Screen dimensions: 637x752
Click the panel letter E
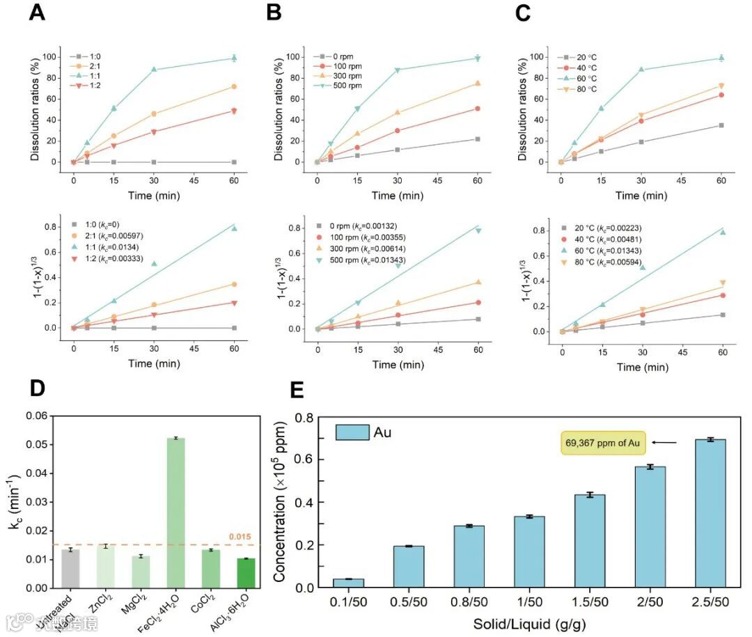(x=297, y=388)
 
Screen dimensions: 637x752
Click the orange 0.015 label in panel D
(x=240, y=537)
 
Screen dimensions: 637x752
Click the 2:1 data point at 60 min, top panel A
(x=234, y=86)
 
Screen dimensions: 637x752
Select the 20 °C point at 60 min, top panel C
(x=721, y=125)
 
